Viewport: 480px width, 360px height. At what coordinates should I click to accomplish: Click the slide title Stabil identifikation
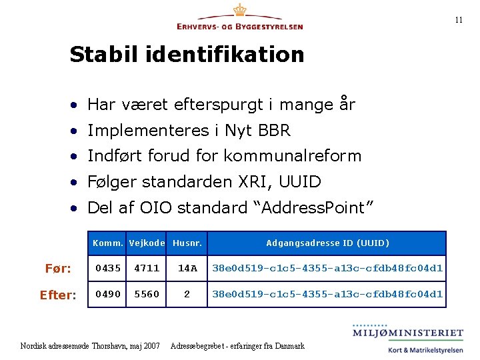tap(187, 54)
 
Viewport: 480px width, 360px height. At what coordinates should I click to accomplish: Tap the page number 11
tap(459, 20)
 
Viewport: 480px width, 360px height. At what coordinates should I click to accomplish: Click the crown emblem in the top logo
tap(239, 11)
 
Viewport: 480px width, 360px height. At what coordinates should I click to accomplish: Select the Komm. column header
tap(108, 243)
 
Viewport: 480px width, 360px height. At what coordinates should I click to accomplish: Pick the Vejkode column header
tap(147, 243)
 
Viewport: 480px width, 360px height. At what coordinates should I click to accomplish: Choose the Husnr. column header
tap(187, 243)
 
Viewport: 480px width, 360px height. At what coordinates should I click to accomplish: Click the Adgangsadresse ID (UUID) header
tap(327, 243)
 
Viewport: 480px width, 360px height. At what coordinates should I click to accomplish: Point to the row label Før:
tap(58, 269)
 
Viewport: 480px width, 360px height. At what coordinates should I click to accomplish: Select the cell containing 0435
tap(108, 269)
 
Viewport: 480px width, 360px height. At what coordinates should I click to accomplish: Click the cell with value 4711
tap(147, 269)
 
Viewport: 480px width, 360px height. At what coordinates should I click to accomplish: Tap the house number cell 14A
tap(187, 269)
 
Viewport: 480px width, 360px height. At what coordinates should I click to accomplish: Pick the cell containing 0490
tap(108, 294)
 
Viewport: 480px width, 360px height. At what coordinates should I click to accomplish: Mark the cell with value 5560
tap(147, 294)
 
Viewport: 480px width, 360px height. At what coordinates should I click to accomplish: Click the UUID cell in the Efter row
tap(327, 294)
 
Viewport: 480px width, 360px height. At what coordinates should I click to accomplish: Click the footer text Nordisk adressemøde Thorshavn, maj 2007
tap(91, 346)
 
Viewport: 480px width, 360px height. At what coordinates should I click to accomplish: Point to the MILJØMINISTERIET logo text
tap(408, 333)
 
